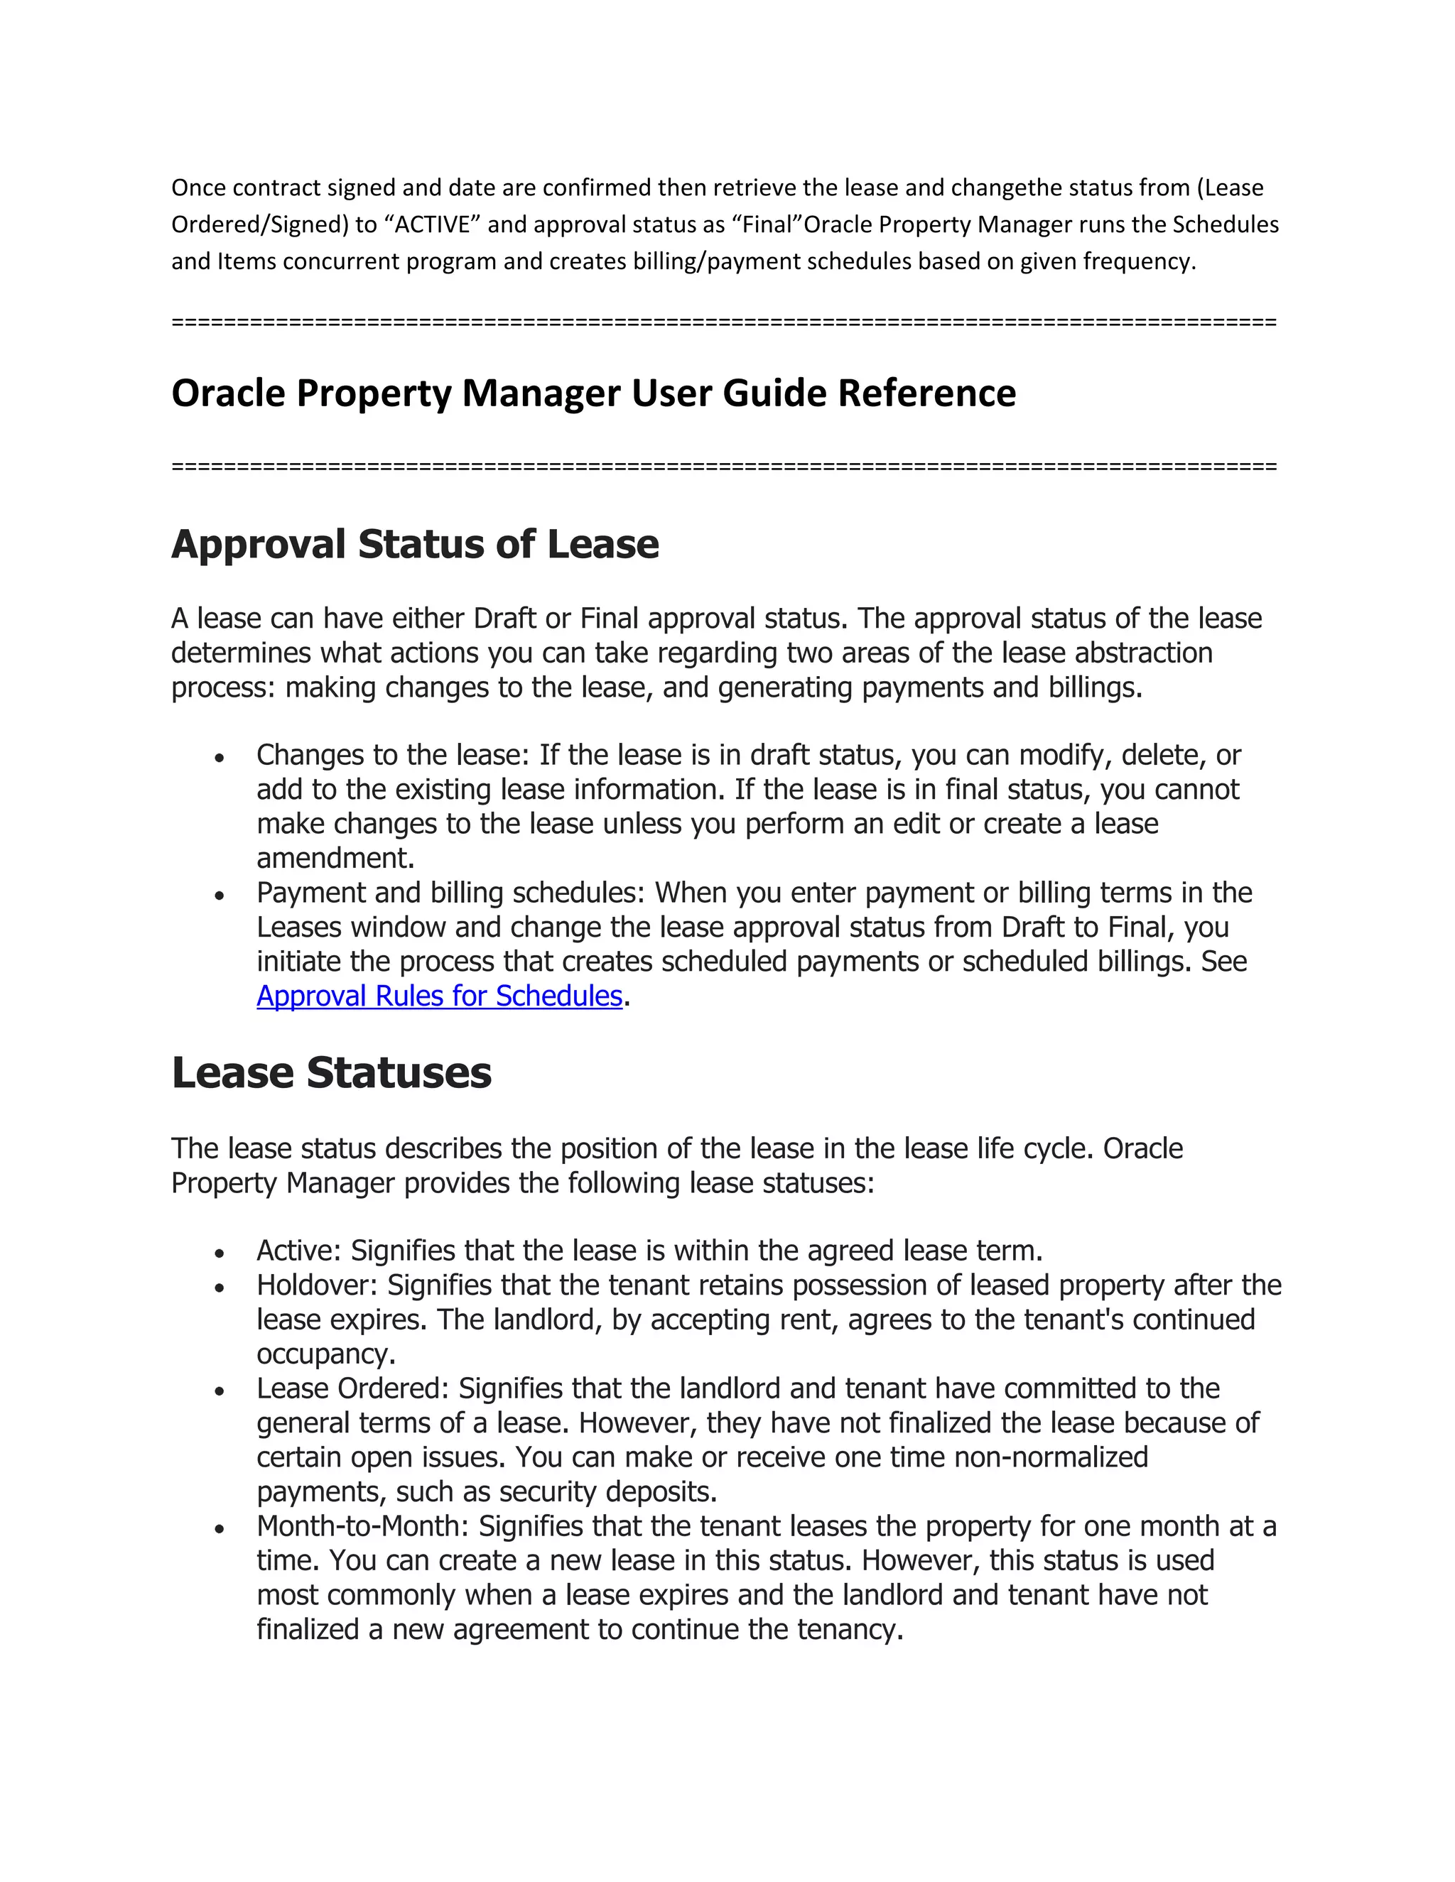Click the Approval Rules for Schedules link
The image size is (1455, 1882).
pos(439,996)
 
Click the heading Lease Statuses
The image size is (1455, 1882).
pos(331,1073)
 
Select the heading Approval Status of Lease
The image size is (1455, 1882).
pos(415,545)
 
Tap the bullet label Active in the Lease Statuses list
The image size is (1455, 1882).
pos(298,1251)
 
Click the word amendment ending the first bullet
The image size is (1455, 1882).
pos(334,859)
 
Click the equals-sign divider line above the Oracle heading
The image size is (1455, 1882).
pos(723,322)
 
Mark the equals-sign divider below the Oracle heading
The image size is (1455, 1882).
pos(723,467)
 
